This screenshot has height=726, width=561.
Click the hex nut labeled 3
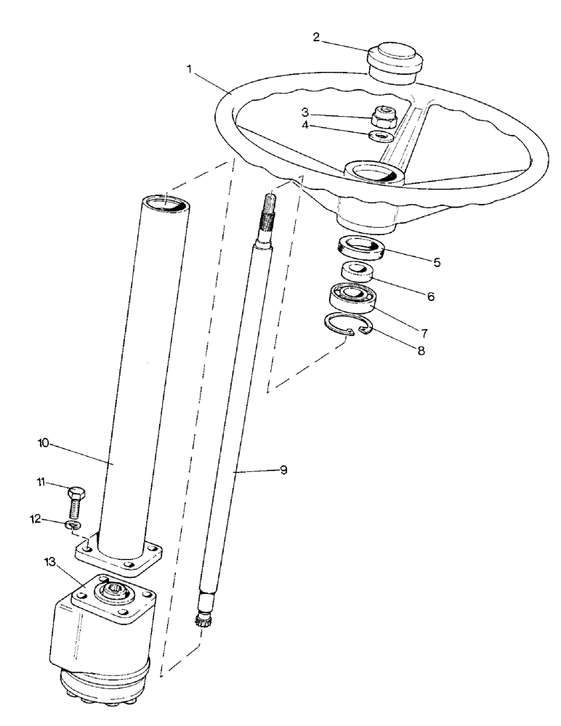(382, 115)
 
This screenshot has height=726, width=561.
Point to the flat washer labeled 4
(382, 136)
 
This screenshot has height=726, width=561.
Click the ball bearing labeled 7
(352, 295)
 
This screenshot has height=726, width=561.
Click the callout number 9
(283, 470)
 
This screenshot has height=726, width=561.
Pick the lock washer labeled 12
(73, 524)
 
